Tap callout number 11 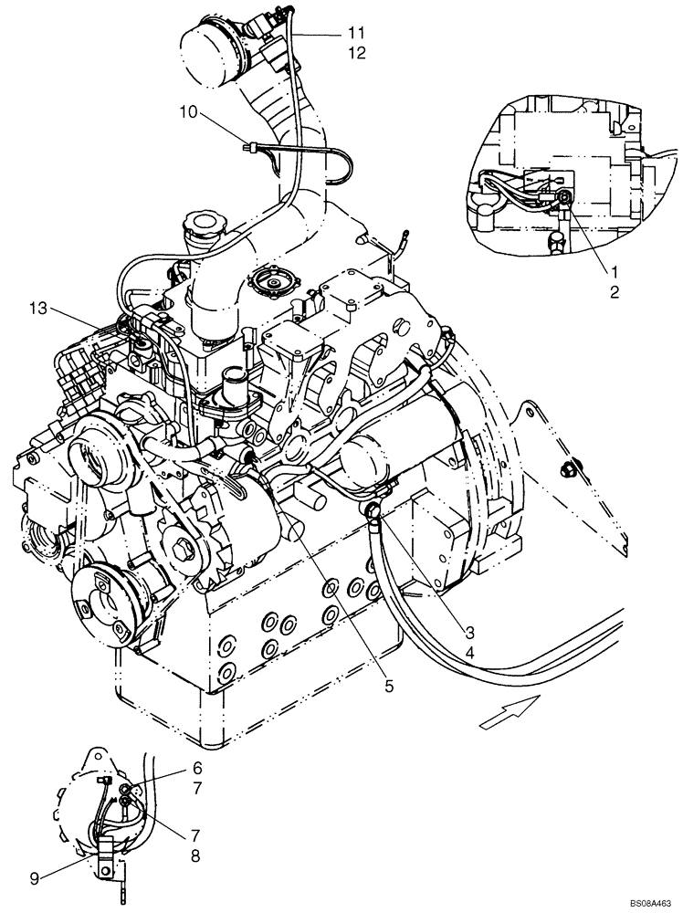tap(355, 33)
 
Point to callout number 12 tap(355, 53)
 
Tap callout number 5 tap(389, 686)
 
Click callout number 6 tap(196, 770)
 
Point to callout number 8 tap(196, 856)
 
